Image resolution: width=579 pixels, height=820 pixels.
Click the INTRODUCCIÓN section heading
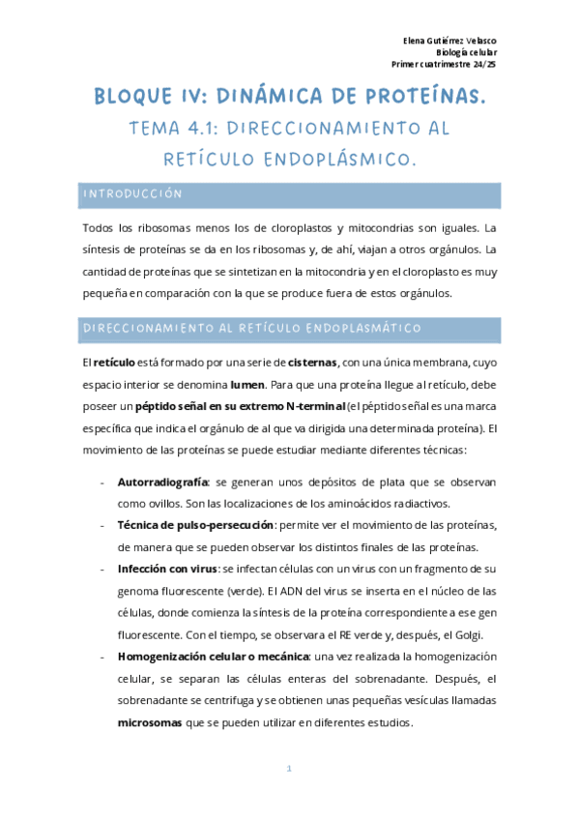[x=132, y=194]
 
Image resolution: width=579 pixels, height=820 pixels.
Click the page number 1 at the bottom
[x=289, y=769]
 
